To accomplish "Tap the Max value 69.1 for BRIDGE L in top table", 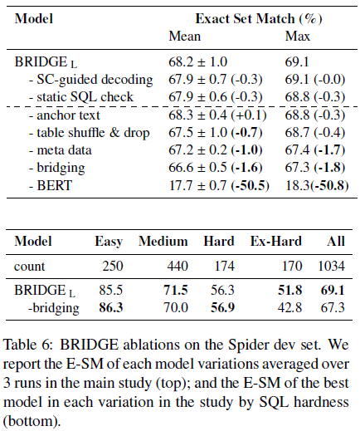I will click(298, 61).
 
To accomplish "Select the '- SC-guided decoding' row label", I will click(90, 79).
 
